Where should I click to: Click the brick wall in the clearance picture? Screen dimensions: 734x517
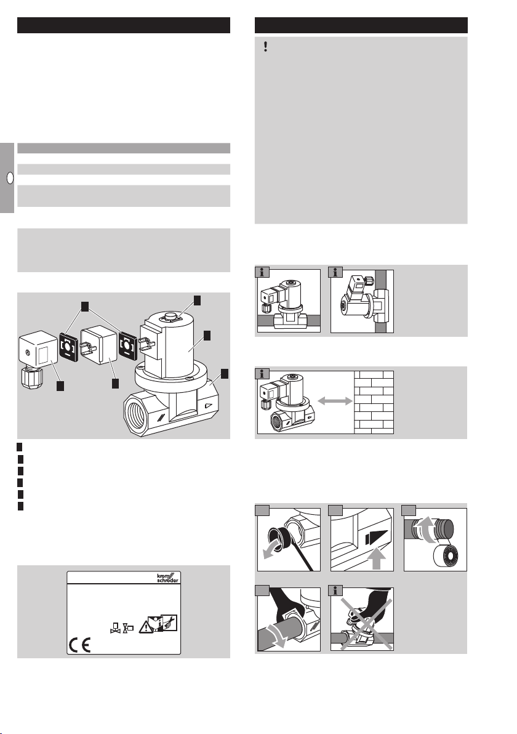pyautogui.click(x=374, y=402)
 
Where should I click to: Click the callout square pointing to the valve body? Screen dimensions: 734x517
pyautogui.click(x=225, y=373)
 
